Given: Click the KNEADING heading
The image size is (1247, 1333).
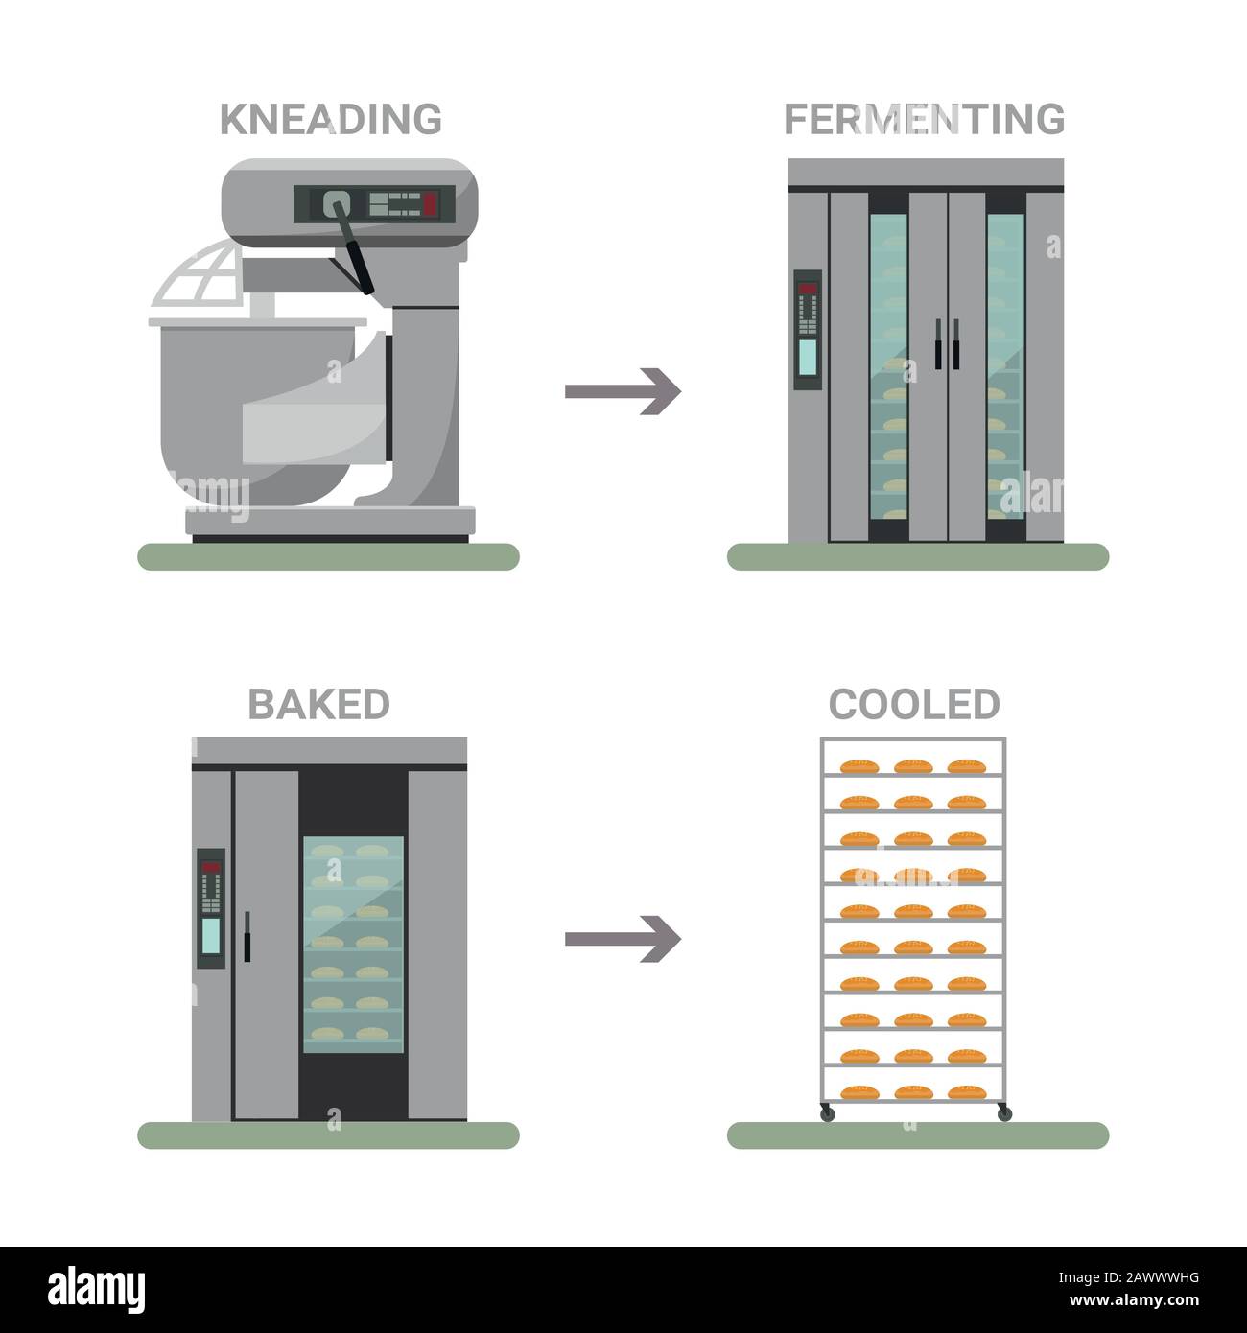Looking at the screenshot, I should (x=331, y=120).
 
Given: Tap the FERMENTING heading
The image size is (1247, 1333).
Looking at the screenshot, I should (x=924, y=120).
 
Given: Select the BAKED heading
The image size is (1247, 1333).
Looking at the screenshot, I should (x=318, y=705).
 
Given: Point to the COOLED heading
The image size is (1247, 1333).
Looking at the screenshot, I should (x=914, y=705).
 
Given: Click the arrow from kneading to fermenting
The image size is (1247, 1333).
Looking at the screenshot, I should (x=623, y=391).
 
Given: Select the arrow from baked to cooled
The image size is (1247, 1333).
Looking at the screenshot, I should (x=623, y=939).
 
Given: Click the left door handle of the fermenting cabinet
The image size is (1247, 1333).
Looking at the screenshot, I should (x=936, y=341).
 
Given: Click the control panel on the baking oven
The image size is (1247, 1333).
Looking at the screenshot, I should (x=211, y=907).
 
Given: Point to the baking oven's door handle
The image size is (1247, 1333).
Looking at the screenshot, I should (x=247, y=936).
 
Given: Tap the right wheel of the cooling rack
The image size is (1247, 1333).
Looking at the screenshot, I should (x=1003, y=1113).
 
